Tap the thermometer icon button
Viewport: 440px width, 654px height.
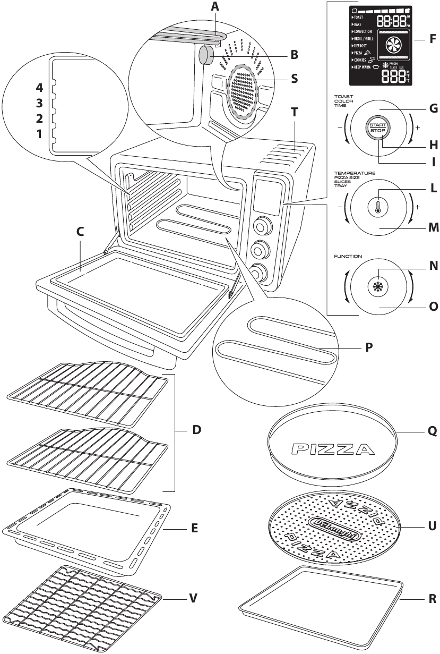[377, 207]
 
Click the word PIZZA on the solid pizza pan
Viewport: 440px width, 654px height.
[330, 451]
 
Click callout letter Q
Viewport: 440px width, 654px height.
[432, 432]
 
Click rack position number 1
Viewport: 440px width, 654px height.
[39, 134]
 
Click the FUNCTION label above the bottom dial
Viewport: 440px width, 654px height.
[348, 256]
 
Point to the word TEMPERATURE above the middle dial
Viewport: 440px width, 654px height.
[355, 173]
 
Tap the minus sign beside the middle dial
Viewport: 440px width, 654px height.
[338, 207]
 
